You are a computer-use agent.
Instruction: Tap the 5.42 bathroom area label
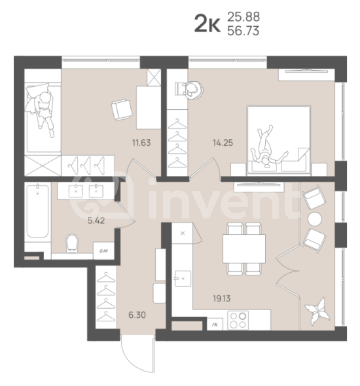coord(98,221)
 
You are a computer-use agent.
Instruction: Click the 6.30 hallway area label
coord(137,315)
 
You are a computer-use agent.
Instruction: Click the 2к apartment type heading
coord(207,24)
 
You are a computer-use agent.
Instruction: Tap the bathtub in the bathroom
coord(37,212)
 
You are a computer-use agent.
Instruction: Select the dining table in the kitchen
coord(243,249)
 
